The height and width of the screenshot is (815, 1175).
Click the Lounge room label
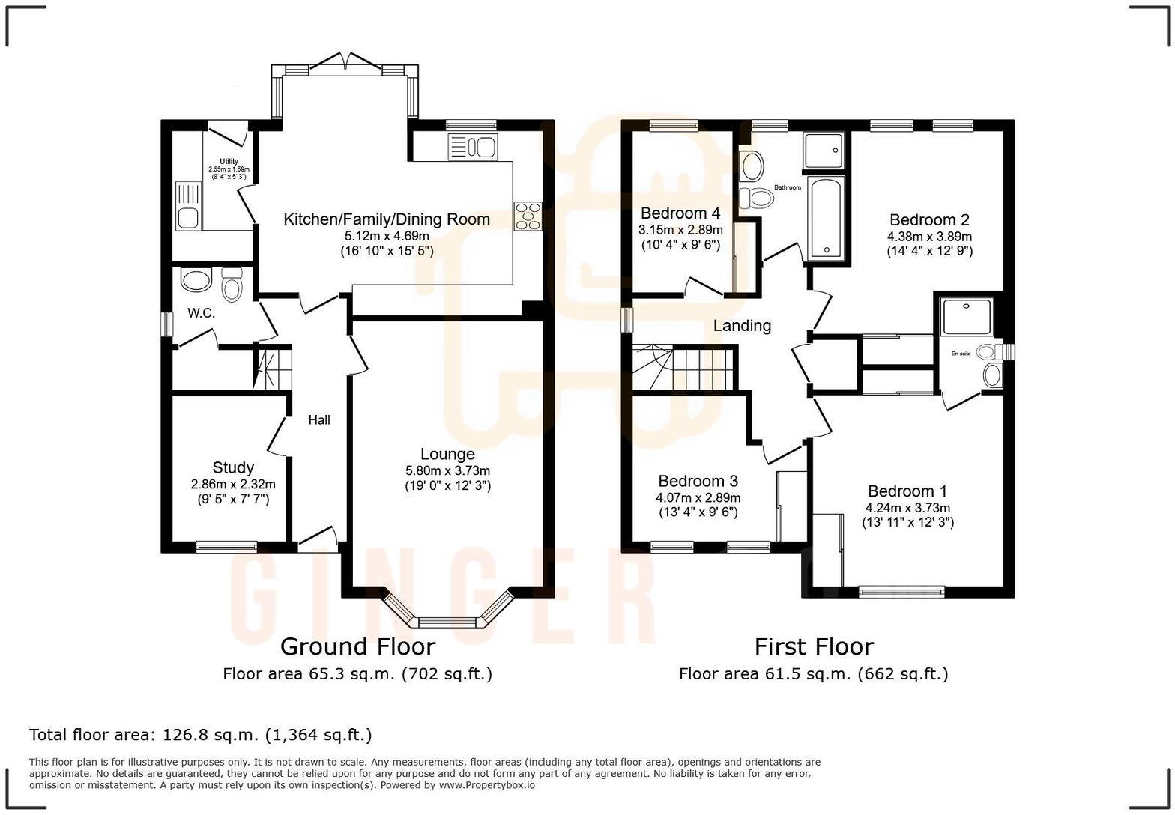point(447,454)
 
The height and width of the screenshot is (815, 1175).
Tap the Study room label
point(233,467)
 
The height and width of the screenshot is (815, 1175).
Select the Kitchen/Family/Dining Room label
point(387,219)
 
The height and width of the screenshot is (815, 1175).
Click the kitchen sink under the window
point(472,147)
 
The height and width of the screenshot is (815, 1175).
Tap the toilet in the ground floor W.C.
point(232,285)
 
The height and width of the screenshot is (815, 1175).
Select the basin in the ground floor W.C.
point(197,281)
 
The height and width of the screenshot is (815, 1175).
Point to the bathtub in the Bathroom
point(827,218)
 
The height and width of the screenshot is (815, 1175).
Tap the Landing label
point(742,326)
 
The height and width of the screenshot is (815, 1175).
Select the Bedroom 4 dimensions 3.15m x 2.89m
point(680,230)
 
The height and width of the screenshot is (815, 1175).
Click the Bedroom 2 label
point(929,219)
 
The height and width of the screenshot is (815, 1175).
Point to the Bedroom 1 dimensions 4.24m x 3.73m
point(907,508)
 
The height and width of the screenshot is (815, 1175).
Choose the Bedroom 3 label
point(698,481)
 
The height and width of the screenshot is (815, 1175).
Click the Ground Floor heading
point(357,646)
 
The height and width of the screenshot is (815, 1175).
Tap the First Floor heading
point(814,646)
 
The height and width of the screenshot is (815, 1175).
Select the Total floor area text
point(200,735)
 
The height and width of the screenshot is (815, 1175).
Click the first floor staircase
point(682,368)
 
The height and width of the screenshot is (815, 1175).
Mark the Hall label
point(319,420)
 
